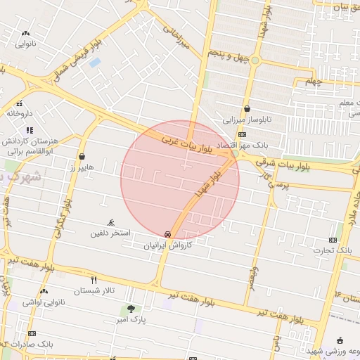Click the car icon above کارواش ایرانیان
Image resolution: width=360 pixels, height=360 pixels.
[x=167, y=234]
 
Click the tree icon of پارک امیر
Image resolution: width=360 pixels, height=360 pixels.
[x=131, y=309]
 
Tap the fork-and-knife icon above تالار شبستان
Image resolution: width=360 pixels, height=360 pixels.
[x=94, y=281]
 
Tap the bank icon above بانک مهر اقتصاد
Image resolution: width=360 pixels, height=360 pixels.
[x=242, y=134]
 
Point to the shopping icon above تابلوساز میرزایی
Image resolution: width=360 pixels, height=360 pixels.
[x=247, y=109]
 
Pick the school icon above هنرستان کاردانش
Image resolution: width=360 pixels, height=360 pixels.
[x=29, y=130]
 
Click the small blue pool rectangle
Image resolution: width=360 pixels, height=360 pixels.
[x=94, y=63]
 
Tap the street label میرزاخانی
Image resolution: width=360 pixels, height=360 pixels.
[x=177, y=38]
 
